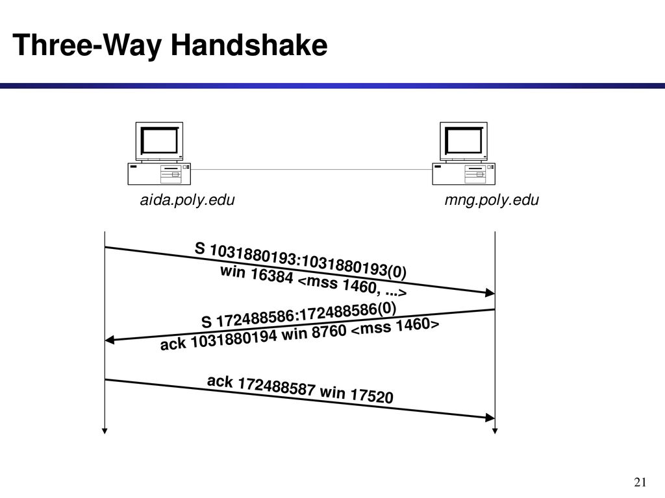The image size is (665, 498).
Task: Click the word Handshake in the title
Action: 249,45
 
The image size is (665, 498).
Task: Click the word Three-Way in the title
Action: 88,46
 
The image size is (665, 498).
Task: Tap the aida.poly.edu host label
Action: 187,200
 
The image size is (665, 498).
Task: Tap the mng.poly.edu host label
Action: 492,200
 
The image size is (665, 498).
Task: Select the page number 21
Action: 640,482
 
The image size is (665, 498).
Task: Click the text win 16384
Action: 257,274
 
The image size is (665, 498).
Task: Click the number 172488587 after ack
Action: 277,386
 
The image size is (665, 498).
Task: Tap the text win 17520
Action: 357,394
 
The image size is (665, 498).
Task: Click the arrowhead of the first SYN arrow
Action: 490,292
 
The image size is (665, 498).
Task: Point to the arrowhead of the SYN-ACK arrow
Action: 110,340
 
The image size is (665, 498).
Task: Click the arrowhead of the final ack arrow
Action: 490,418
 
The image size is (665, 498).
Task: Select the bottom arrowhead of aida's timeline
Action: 105,431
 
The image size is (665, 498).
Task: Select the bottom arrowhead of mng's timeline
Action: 495,431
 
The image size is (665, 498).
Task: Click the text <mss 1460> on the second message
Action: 395,327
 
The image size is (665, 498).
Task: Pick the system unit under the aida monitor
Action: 159,174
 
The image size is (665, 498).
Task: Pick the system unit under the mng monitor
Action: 464,174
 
